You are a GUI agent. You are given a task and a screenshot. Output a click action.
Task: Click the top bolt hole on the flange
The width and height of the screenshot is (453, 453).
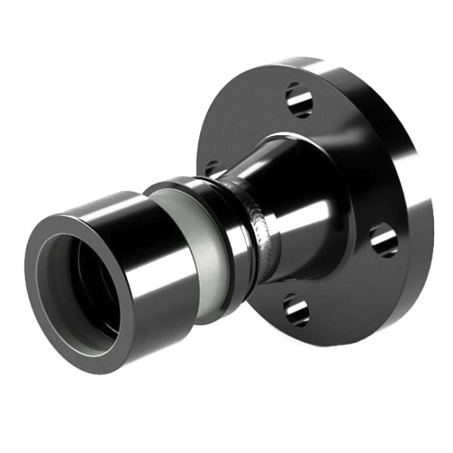[299, 100]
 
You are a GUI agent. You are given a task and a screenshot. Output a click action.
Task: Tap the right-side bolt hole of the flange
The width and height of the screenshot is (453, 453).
[383, 240]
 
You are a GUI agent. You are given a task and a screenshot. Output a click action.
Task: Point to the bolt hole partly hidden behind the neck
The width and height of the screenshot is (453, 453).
[212, 168]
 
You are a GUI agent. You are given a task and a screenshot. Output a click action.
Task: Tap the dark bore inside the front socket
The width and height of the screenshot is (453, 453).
[78, 288]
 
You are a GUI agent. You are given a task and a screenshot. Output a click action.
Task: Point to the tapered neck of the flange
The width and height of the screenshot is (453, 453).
[288, 189]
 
